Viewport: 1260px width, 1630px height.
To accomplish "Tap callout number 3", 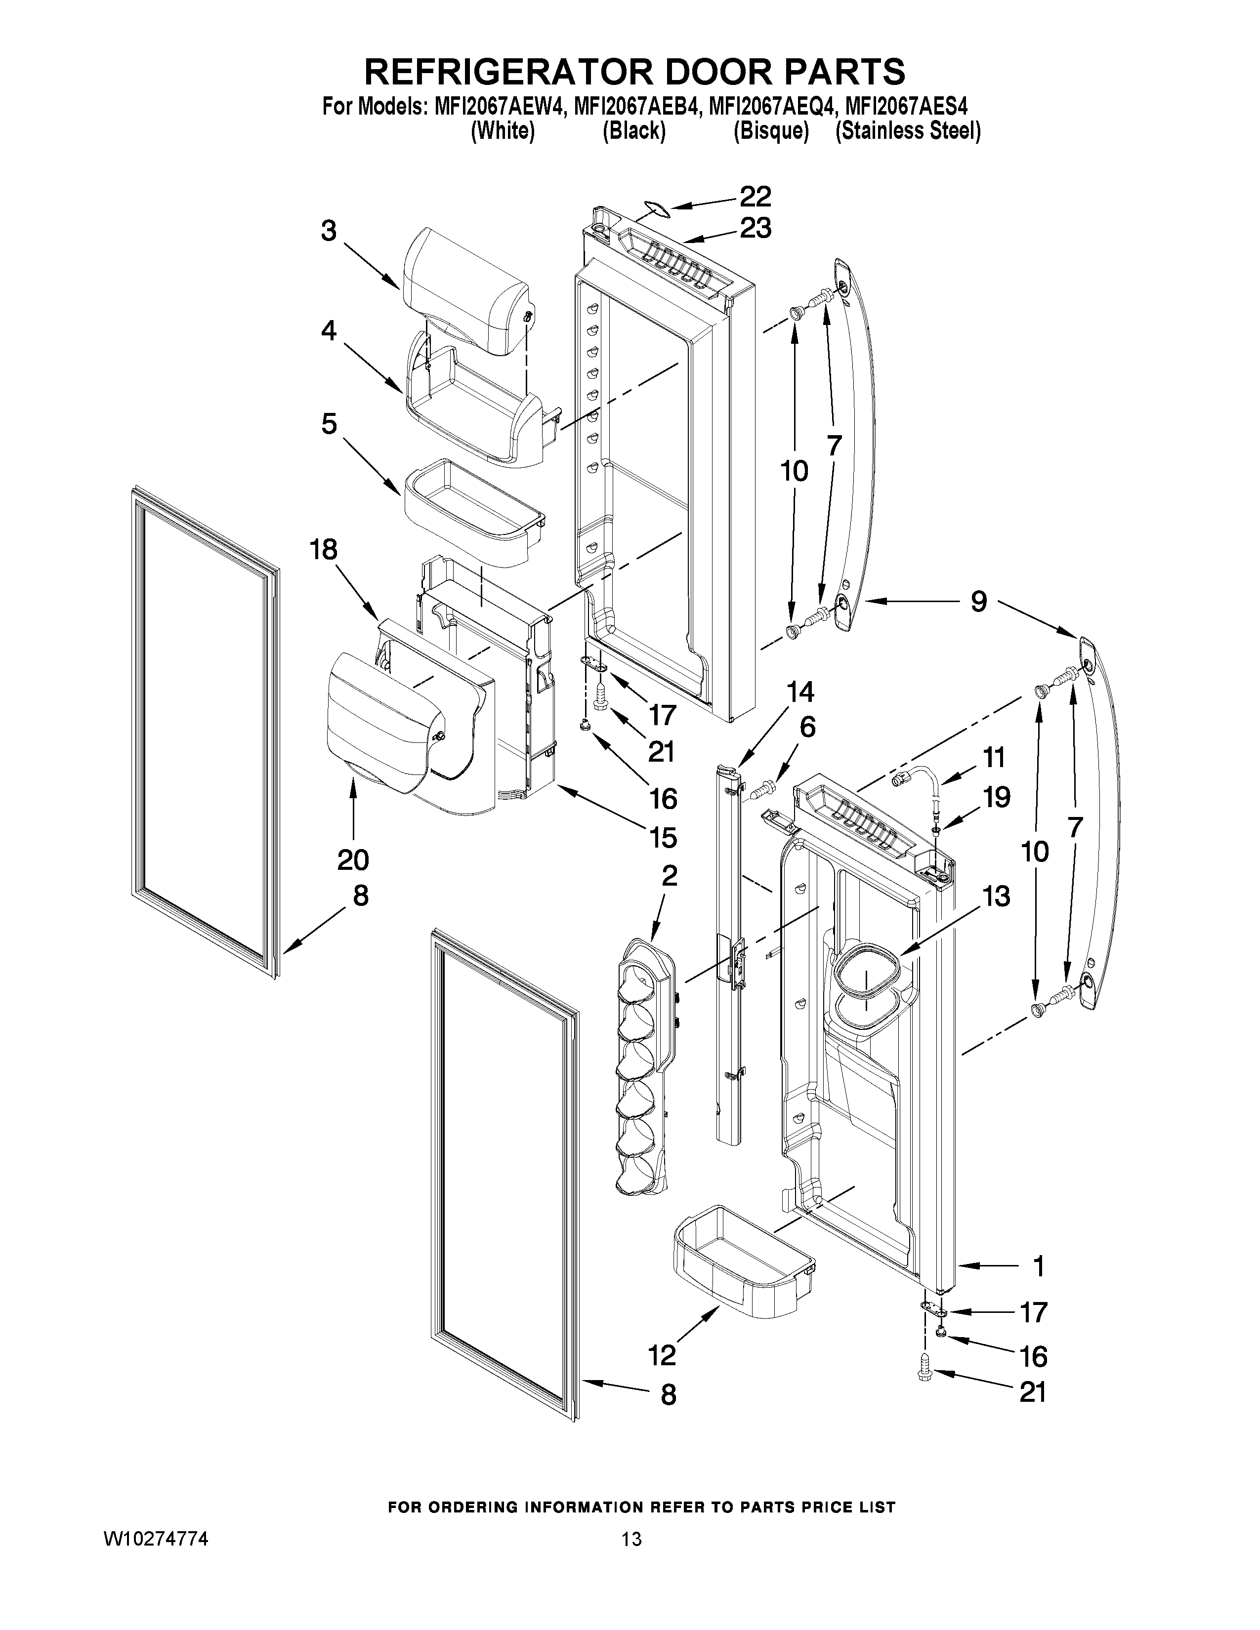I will click(x=329, y=231).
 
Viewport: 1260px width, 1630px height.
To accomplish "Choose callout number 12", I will click(x=662, y=1354).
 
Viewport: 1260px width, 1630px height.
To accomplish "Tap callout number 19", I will click(x=996, y=797).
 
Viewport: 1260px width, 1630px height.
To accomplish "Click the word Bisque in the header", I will click(x=771, y=131).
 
